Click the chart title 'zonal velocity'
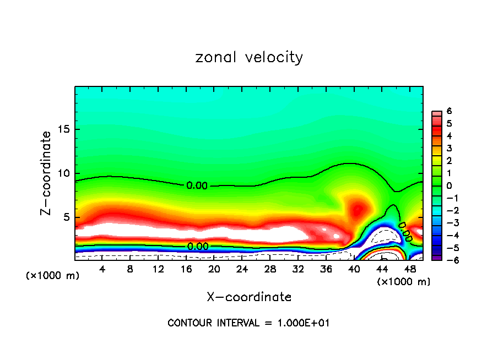(x=249, y=57)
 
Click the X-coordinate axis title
(x=249, y=297)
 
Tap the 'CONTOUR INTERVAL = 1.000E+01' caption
(x=248, y=323)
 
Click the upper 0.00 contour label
(x=197, y=186)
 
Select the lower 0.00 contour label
(x=198, y=247)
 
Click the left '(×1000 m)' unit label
(x=53, y=275)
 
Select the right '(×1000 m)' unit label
(x=403, y=282)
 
